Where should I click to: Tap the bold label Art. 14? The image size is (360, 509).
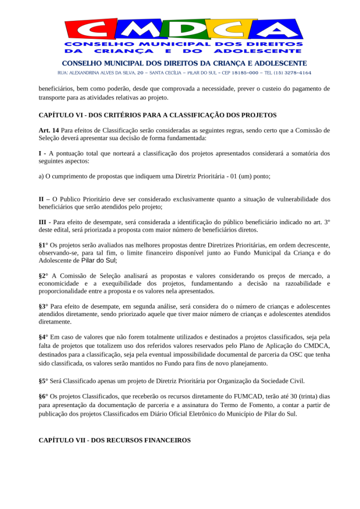click(49, 131)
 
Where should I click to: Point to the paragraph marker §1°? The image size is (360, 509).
click(43, 246)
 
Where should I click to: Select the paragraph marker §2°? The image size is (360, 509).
click(43, 276)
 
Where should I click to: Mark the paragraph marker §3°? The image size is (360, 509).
click(43, 307)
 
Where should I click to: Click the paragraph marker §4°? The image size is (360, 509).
click(43, 337)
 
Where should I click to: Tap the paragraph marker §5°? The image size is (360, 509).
click(43, 381)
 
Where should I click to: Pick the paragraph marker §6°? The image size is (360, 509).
click(43, 397)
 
